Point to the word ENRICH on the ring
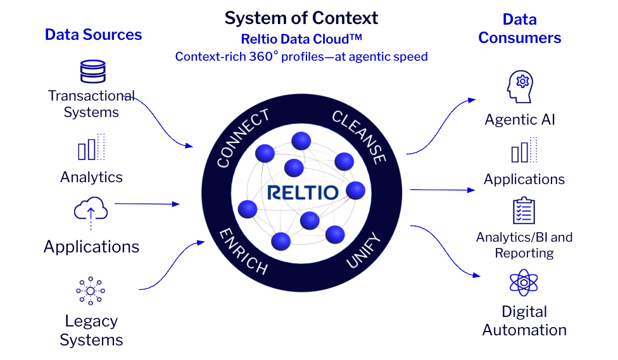243,251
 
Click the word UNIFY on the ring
364,251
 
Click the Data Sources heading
93,34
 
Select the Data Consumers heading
519,28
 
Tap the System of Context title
301,18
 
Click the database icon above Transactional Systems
92,72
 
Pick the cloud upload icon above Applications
91,211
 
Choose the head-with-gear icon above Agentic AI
520,87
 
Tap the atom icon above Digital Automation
523,283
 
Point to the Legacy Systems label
91,330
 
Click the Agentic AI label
520,120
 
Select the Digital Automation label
524,321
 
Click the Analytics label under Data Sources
91,177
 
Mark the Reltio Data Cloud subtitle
301,39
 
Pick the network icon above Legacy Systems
91,291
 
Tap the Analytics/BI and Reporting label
524,245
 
